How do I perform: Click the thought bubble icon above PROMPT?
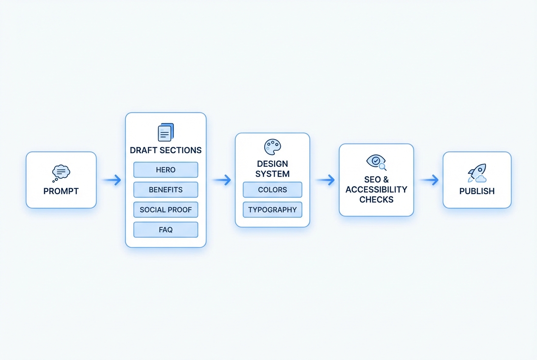[61, 172]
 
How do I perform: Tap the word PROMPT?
[61, 191]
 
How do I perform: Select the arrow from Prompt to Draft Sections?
[111, 180]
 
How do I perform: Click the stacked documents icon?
[166, 132]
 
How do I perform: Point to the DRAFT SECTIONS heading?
[166, 150]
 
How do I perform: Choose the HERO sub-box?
[166, 170]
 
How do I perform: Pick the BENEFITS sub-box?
[166, 190]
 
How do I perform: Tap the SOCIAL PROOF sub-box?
[166, 210]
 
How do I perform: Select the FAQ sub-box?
[166, 230]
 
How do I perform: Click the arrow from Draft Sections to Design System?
[221, 180]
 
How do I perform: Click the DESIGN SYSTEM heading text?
[272, 169]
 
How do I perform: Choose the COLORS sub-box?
[272, 190]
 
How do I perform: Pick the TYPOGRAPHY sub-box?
[272, 210]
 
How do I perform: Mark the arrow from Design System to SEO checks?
[325, 180]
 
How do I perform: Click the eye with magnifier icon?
[376, 162]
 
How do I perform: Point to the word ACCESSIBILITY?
[376, 189]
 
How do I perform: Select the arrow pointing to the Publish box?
[429, 180]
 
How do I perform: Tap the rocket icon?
[477, 173]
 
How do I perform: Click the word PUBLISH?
[477, 191]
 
